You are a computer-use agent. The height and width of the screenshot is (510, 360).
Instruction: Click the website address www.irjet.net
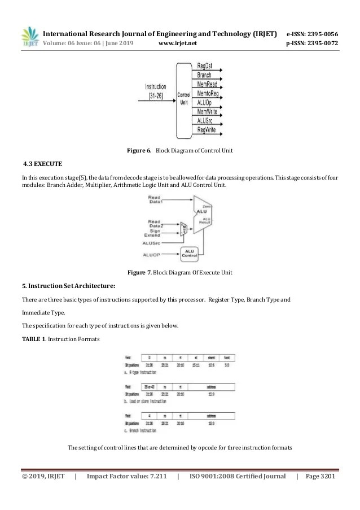click(178, 43)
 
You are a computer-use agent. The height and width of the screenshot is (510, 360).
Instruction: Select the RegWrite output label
click(207, 130)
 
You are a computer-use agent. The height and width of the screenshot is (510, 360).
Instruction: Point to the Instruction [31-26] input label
click(156, 91)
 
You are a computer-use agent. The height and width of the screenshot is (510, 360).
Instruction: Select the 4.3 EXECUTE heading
click(42, 164)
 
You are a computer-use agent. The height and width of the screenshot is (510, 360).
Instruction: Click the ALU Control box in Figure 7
click(190, 254)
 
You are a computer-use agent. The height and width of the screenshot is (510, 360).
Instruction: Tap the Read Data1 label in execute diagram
click(157, 199)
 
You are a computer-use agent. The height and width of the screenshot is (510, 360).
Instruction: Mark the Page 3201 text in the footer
click(320, 477)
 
